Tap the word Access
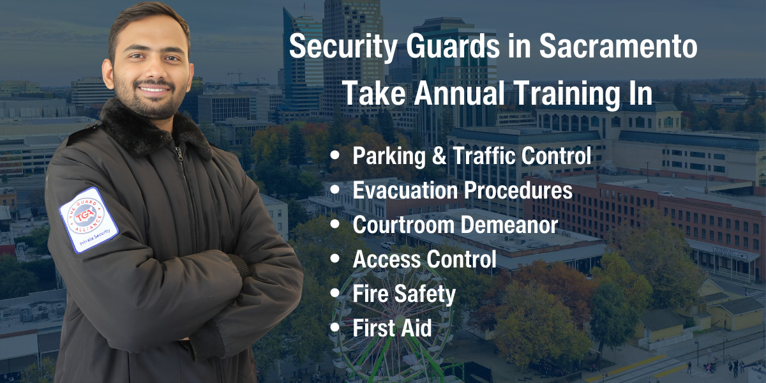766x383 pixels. (385, 259)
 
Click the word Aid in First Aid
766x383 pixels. (417, 328)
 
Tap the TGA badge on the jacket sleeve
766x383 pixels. (88, 220)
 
